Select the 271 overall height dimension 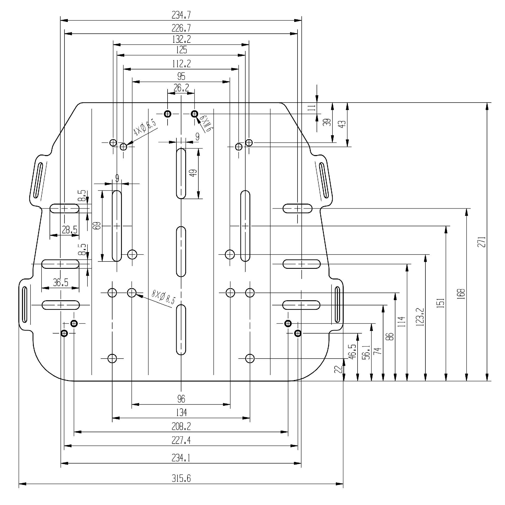483,242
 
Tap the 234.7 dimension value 181,15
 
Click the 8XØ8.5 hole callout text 164,297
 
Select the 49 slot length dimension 193,173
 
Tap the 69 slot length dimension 97,225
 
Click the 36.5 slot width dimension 61,282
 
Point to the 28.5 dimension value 69,230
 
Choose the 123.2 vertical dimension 420,317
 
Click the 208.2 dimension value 181,426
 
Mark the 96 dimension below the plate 181,399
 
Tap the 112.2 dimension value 181,63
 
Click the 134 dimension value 181,412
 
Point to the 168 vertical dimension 462,294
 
